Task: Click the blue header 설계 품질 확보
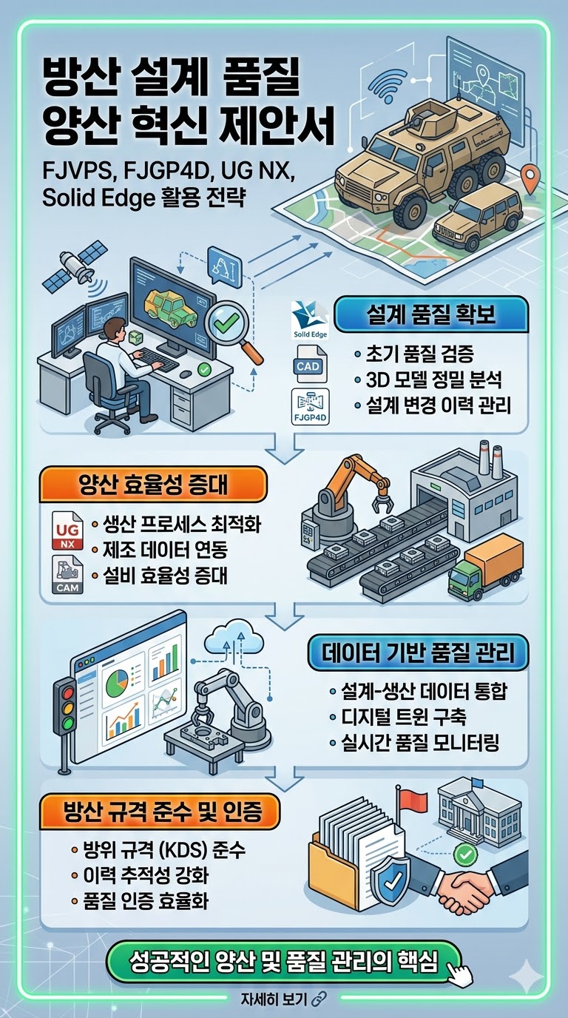(431, 314)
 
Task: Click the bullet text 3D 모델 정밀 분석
(434, 380)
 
